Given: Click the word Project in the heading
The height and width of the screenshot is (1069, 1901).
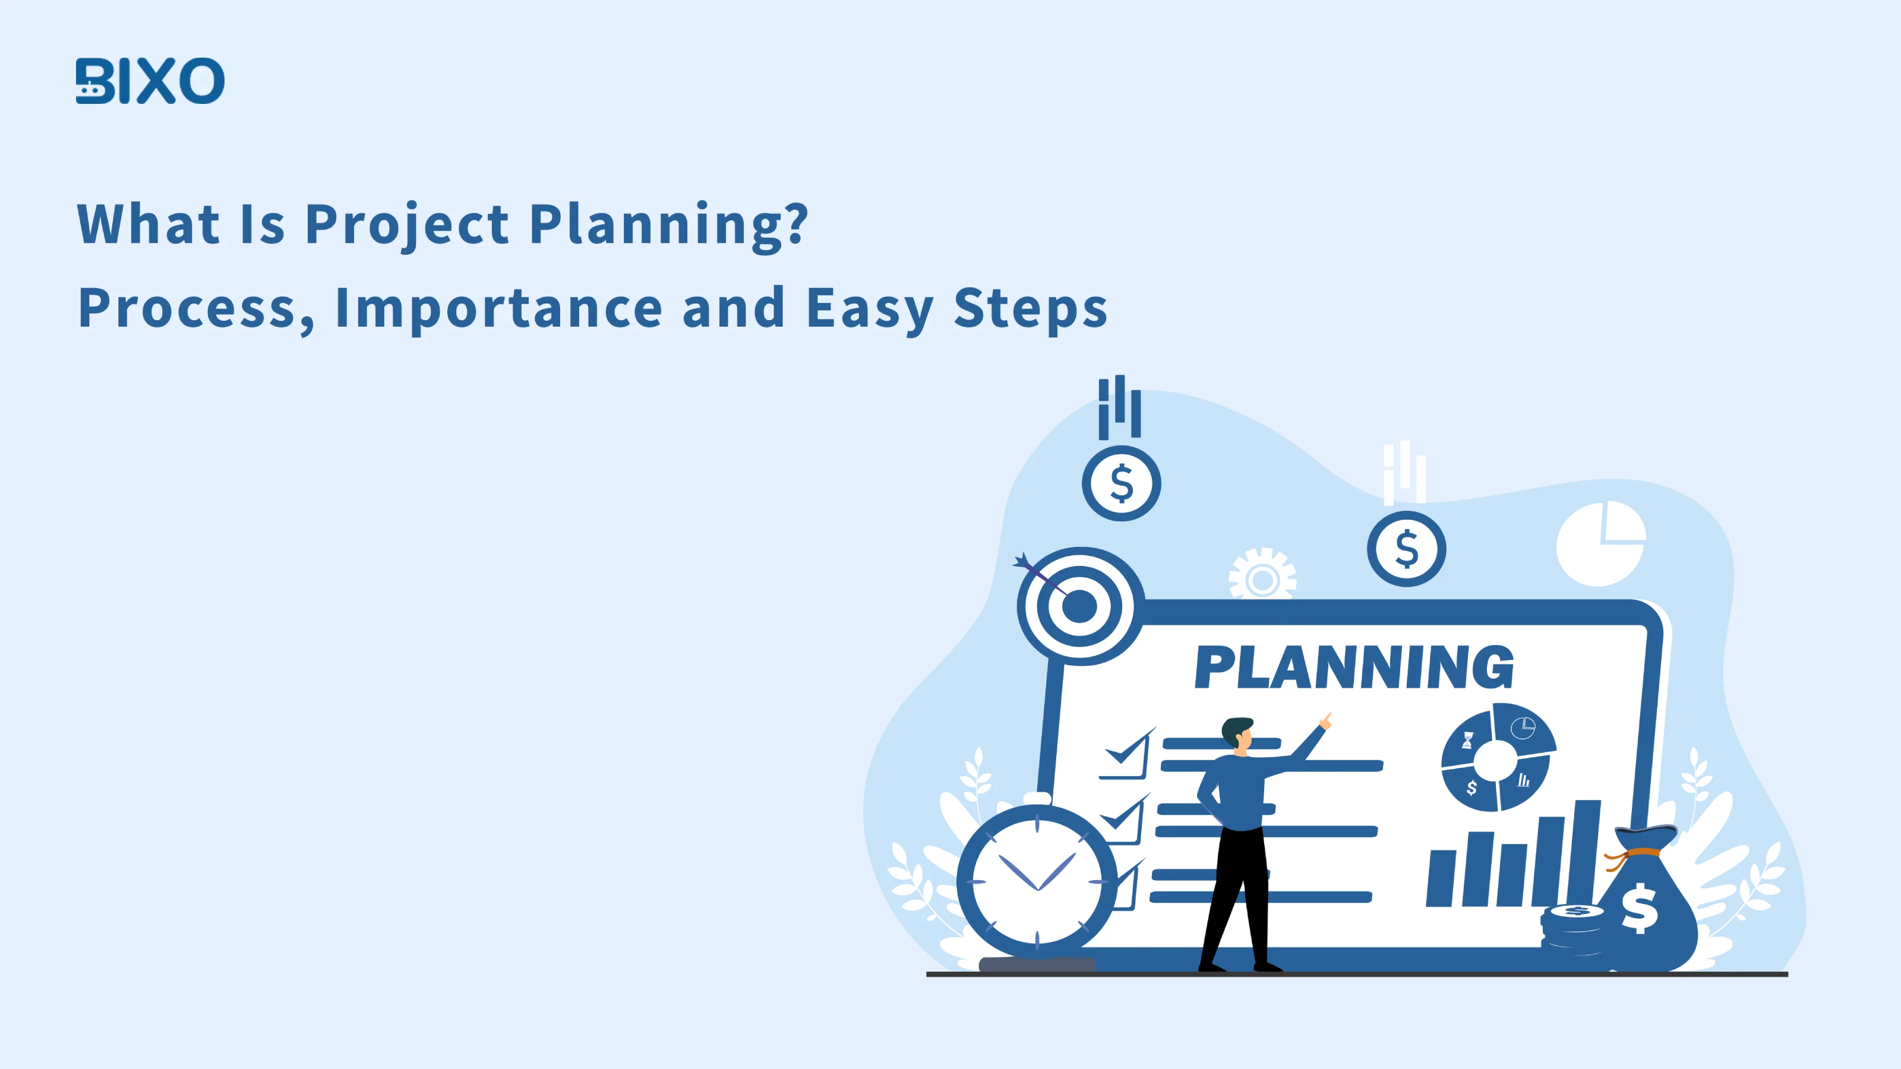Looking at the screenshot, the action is click(x=406, y=225).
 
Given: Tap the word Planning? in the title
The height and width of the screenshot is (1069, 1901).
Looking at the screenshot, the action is click(x=670, y=225).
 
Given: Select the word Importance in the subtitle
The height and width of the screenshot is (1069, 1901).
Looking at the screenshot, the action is click(x=499, y=308).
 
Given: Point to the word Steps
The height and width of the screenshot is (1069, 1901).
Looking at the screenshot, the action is click(x=1030, y=308).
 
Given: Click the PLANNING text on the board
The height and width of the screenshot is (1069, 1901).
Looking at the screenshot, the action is click(x=1354, y=667).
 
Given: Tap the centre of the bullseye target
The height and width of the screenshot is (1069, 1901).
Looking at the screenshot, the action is click(x=1079, y=607).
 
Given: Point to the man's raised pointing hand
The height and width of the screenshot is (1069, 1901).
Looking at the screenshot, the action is click(x=1325, y=721).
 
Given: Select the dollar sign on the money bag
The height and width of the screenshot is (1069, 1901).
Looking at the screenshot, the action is click(x=1639, y=908).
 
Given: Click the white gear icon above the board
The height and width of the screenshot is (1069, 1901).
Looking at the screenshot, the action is click(x=1262, y=575).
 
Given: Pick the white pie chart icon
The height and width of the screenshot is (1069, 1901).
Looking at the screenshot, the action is click(x=1600, y=544).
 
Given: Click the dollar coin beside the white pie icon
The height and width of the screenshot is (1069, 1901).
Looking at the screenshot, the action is click(x=1407, y=549).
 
